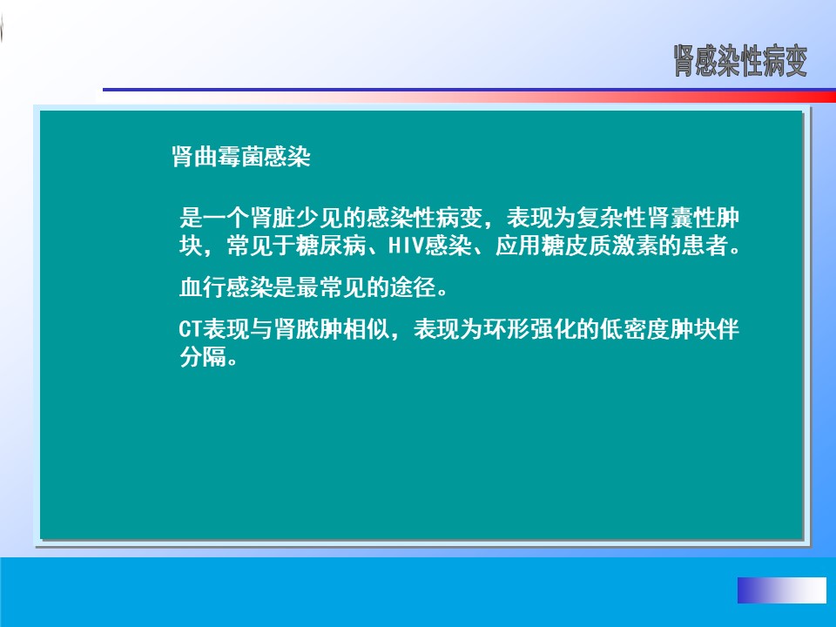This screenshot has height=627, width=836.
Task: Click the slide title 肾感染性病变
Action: pyautogui.click(x=740, y=61)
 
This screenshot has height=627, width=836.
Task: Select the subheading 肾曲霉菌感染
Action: pyautogui.click(x=241, y=157)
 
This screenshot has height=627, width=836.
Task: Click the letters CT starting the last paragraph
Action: pyautogui.click(x=191, y=329)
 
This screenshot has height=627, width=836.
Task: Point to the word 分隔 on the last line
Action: pyautogui.click(x=203, y=357)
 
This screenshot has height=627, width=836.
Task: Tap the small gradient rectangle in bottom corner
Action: pyautogui.click(x=782, y=590)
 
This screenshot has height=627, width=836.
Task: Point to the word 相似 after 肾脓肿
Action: pyautogui.click(x=367, y=329)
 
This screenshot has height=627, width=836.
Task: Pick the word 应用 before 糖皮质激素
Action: pyautogui.click(x=518, y=246)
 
